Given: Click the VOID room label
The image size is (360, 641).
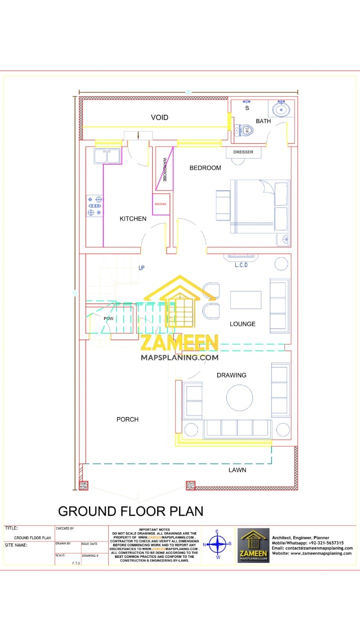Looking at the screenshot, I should (x=160, y=117).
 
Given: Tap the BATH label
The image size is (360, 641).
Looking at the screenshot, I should (x=263, y=121).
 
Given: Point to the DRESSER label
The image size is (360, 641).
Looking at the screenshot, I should (x=243, y=152).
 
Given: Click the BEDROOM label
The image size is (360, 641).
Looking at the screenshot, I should (x=205, y=168).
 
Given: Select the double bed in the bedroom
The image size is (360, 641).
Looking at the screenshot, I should (x=259, y=206).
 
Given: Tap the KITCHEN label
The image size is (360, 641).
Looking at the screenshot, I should (x=133, y=218).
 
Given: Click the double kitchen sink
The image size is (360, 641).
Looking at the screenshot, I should (x=107, y=156).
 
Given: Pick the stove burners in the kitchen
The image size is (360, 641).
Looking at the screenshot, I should (x=95, y=206).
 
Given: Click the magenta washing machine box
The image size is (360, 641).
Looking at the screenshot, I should (x=161, y=204).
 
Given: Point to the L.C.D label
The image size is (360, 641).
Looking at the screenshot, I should (x=241, y=265).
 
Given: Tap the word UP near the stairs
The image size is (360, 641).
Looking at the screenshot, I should (x=142, y=268).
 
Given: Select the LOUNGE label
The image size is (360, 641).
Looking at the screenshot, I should (x=243, y=324).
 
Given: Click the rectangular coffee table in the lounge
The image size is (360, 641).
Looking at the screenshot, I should (x=245, y=300).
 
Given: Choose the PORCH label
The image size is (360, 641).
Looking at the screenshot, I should (x=128, y=419).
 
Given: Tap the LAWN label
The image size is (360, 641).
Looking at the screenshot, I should (x=237, y=470).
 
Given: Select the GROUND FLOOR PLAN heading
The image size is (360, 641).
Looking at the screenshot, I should (x=131, y=511).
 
